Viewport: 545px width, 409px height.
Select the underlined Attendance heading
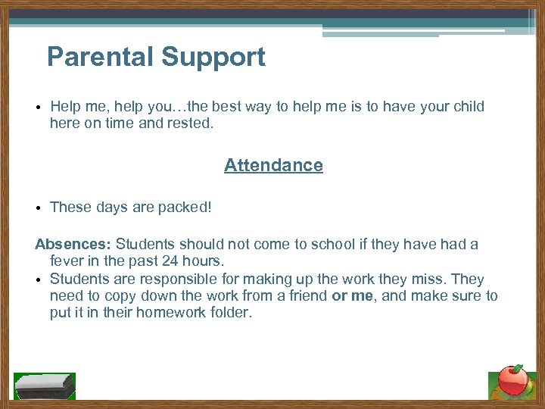[x=273, y=165]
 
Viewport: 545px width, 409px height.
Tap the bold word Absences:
[x=73, y=245]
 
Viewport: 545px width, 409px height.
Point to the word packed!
[x=185, y=208]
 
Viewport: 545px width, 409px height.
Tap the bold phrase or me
[x=352, y=295]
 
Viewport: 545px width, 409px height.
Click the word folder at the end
[x=229, y=312]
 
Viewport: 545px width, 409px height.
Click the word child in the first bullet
[x=466, y=106]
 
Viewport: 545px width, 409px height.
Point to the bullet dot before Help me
[x=37, y=107]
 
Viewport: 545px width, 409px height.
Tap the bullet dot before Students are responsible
[x=37, y=279]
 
